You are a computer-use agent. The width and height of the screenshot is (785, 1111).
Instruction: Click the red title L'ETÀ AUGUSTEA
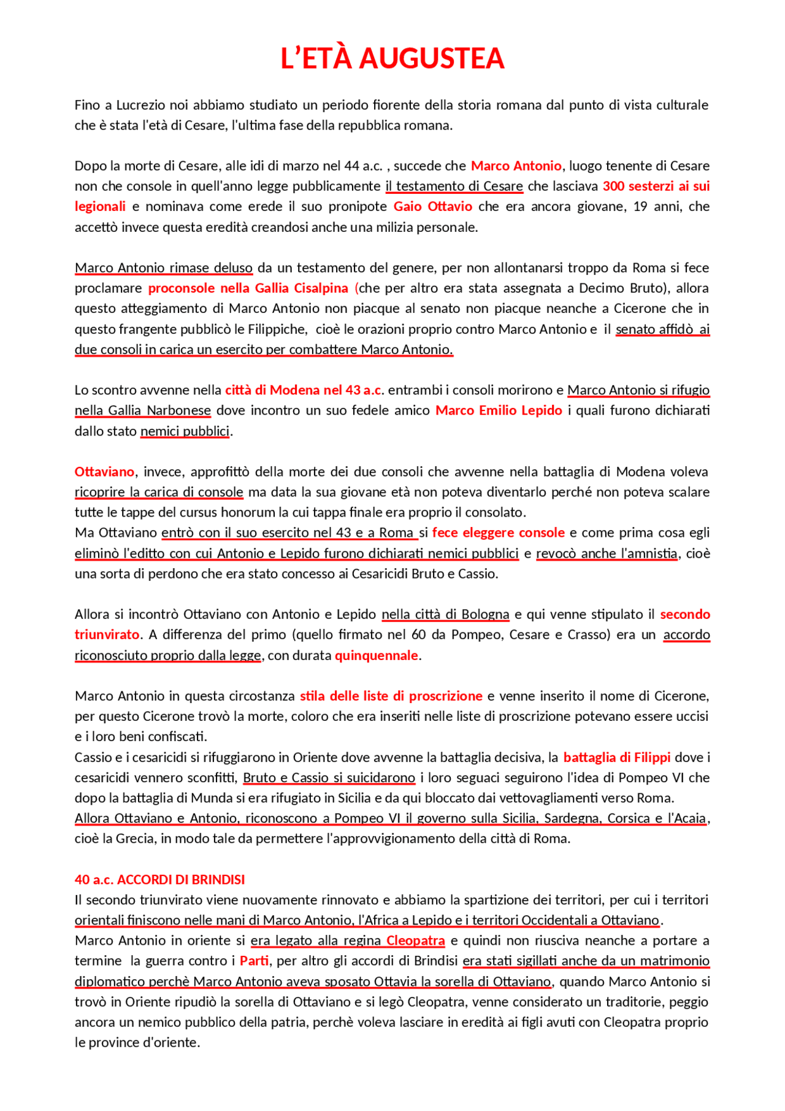[392, 58]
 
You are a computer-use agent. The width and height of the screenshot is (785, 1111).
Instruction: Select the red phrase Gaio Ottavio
[432, 206]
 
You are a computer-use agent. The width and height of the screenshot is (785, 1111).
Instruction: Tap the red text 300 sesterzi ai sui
[656, 186]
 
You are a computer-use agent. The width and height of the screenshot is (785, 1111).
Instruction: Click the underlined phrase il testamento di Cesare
[454, 186]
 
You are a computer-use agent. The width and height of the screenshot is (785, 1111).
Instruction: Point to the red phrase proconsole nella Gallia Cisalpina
[248, 288]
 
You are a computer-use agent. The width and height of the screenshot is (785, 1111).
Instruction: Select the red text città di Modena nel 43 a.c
[304, 390]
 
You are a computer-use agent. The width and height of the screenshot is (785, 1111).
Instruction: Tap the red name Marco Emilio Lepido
[498, 410]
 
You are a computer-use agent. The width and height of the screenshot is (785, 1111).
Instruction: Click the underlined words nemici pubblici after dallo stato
[185, 431]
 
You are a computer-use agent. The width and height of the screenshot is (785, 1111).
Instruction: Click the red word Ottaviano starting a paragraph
[104, 471]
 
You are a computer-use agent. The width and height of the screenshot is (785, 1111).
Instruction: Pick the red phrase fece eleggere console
[498, 532]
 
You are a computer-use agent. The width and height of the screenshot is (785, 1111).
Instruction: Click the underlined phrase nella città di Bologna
[445, 614]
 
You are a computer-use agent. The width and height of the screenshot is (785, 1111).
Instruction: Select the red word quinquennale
[376, 655]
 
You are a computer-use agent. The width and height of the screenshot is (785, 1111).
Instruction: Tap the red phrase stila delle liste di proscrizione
[391, 696]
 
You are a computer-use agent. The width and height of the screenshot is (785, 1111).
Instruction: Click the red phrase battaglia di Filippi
[616, 757]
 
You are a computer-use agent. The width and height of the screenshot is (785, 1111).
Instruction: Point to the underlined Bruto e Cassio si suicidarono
[329, 777]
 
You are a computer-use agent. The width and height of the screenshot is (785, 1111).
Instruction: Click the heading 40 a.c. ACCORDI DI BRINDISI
[159, 879]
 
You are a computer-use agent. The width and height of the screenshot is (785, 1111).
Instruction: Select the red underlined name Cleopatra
[415, 940]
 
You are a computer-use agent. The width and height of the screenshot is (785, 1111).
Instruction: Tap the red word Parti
[254, 961]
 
